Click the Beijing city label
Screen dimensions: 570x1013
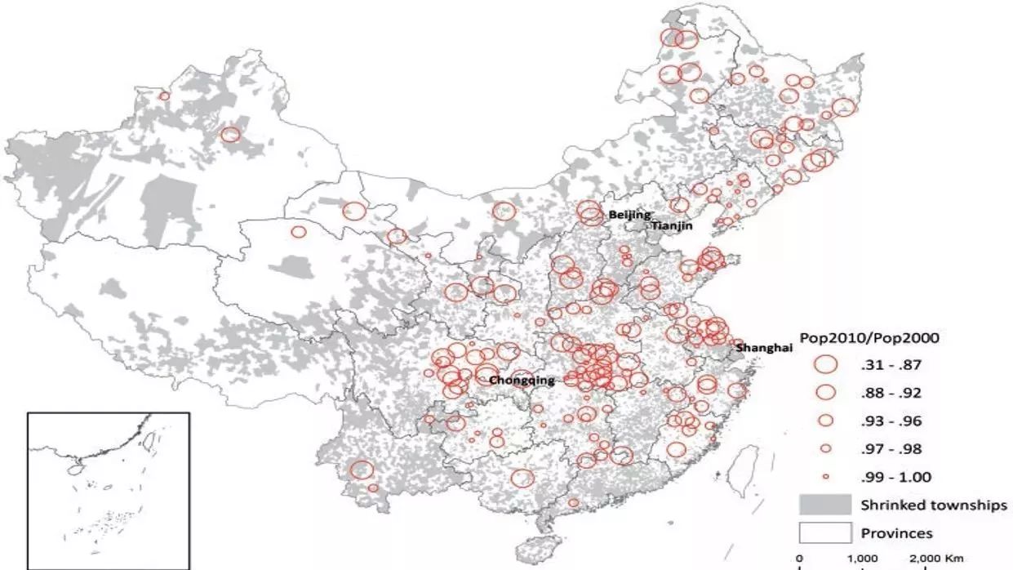pyautogui.click(x=629, y=215)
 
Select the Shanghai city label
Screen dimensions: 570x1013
pyautogui.click(x=764, y=348)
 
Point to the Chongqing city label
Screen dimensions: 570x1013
pyautogui.click(x=522, y=381)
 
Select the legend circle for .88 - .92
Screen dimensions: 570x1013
pyautogui.click(x=826, y=393)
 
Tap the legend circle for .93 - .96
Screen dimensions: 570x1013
pyautogui.click(x=826, y=421)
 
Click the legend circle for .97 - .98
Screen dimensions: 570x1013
pyautogui.click(x=826, y=448)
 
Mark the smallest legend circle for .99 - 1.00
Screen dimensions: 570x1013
pyautogui.click(x=826, y=476)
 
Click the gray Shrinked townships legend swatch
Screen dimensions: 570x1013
pyautogui.click(x=826, y=504)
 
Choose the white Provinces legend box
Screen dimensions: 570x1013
pyautogui.click(x=826, y=532)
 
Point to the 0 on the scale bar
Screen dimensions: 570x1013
pyautogui.click(x=799, y=559)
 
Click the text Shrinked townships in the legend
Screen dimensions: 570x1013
pyautogui.click(x=928, y=505)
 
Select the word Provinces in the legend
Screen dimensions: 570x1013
pyautogui.click(x=897, y=533)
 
